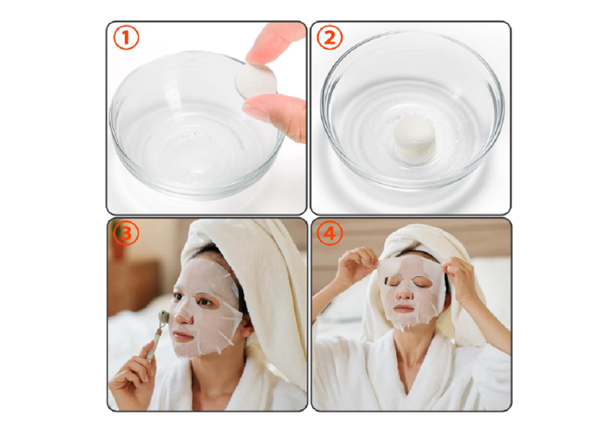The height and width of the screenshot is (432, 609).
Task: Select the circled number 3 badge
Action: [x=125, y=233]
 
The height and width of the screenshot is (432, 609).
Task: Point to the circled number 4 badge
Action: [x=329, y=233]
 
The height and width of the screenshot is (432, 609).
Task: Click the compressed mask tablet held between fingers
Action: [x=256, y=82]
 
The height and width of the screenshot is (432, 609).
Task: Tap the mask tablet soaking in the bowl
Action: [x=415, y=139]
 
